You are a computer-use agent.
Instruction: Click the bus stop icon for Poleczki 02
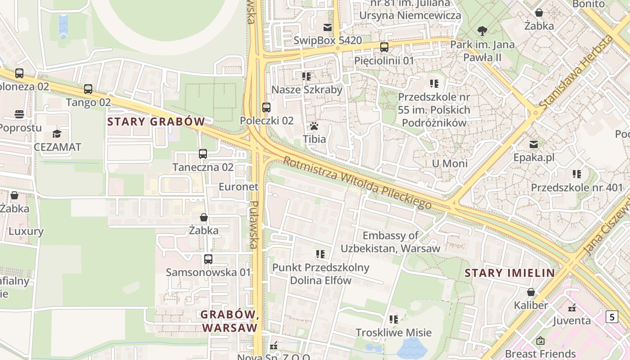point(266,108)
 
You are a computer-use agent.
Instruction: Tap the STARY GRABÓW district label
point(156,121)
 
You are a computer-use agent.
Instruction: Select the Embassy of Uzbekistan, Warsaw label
point(390,242)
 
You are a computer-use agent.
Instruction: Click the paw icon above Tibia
point(314,126)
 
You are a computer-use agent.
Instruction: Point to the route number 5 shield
point(612,317)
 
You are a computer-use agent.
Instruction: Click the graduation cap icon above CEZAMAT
point(57,134)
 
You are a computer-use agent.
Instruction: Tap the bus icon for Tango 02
point(88,89)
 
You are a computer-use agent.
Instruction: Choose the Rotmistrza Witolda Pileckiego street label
point(357,183)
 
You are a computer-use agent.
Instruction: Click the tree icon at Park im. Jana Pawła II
point(482,31)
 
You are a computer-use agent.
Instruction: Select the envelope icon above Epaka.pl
point(534,144)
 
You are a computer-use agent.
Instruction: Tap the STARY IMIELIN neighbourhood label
point(509,273)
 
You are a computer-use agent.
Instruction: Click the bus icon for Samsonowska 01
point(208,259)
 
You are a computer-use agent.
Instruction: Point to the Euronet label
point(238,187)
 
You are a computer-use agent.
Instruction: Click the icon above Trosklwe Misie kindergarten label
point(394,319)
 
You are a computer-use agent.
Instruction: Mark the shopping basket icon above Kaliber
point(531,292)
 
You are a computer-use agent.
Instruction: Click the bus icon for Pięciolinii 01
point(384,47)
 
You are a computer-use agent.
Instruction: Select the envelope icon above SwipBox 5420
point(327,27)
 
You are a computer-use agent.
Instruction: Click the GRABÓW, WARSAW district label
point(230,321)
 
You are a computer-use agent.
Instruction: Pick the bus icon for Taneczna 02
point(203,154)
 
